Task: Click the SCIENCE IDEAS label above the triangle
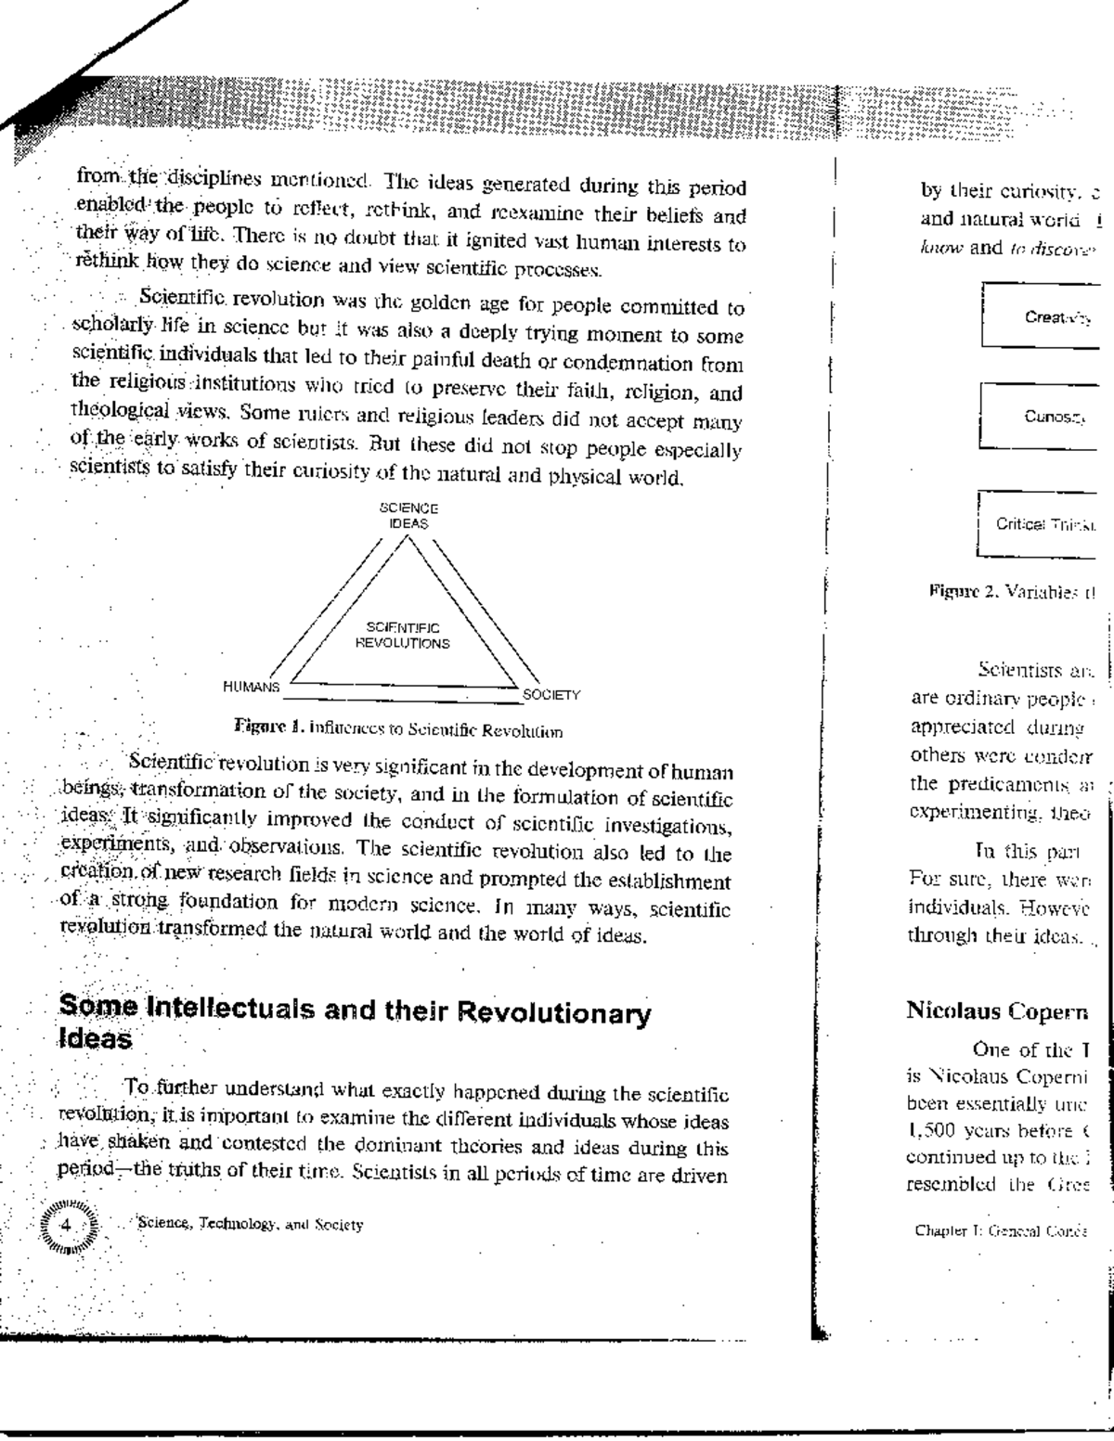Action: coord(408,516)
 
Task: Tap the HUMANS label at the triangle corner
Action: coord(251,687)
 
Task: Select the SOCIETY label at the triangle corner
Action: coord(551,694)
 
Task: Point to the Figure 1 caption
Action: coord(398,731)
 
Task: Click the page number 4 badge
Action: coord(66,1223)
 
